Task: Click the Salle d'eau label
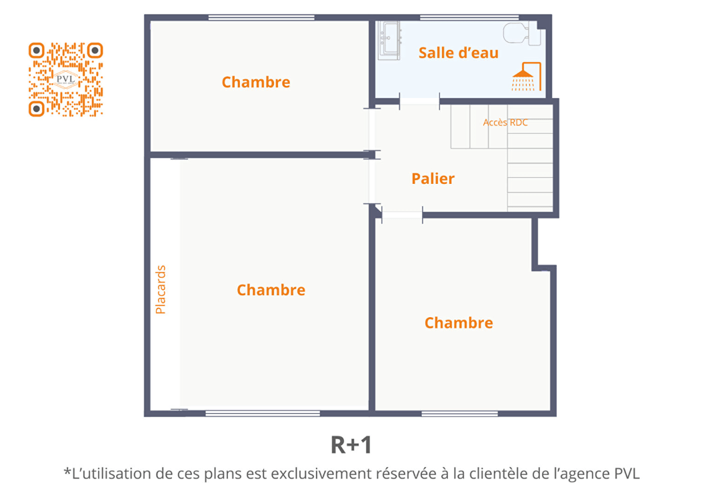(x=459, y=53)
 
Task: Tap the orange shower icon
(x=527, y=77)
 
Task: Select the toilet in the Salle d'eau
(x=522, y=33)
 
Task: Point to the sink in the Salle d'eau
(x=389, y=40)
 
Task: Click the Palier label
(x=433, y=179)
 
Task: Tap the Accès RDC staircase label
(x=505, y=122)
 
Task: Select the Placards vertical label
(x=160, y=290)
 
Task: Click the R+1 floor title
(x=351, y=445)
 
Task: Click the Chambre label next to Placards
(x=271, y=290)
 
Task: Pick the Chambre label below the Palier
(x=459, y=322)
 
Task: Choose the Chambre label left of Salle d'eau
(x=255, y=82)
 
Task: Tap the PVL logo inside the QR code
(x=66, y=79)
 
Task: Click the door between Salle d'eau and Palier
(x=419, y=101)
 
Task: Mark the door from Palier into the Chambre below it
(x=402, y=215)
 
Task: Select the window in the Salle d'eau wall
(x=469, y=17)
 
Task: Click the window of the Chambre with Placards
(x=263, y=413)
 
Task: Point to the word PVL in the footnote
(x=627, y=474)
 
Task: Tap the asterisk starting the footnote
(x=67, y=471)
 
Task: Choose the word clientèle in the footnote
(x=497, y=474)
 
